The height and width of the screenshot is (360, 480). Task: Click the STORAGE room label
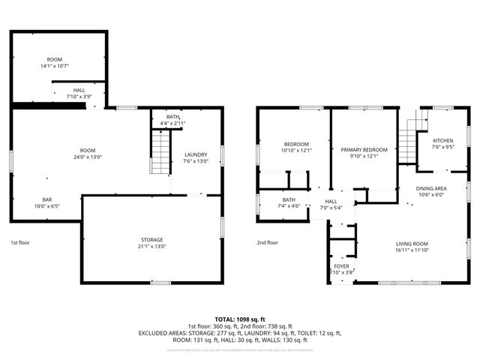click(151, 238)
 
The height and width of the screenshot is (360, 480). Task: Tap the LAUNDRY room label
click(196, 155)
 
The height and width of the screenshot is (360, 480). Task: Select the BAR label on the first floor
click(47, 199)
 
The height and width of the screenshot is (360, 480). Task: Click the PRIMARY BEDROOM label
click(364, 150)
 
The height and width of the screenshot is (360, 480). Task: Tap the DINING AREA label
click(431, 187)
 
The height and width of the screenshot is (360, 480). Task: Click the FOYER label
click(341, 266)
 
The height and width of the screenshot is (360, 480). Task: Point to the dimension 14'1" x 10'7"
click(54, 66)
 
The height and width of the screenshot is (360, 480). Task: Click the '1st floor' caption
click(19, 243)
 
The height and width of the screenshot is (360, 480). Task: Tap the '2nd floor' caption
click(267, 243)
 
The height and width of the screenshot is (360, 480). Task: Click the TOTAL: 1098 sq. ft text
click(239, 319)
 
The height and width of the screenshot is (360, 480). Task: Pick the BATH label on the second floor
click(289, 199)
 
